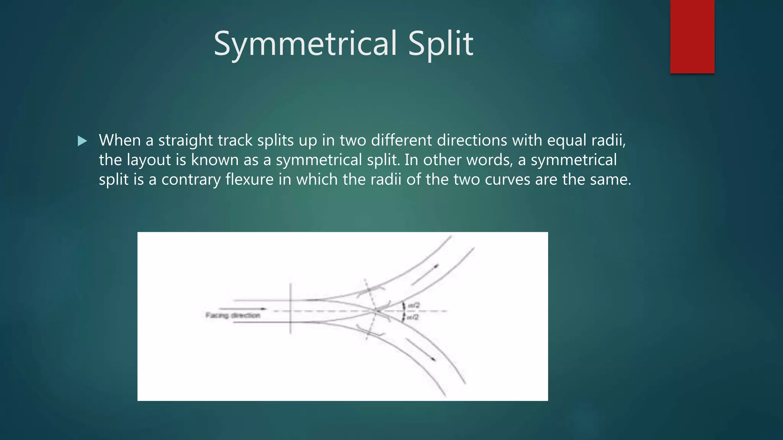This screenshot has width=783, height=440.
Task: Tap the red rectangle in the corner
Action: tap(692, 36)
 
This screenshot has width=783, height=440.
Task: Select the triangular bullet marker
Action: tap(82, 141)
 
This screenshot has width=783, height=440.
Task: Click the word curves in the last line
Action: tap(507, 180)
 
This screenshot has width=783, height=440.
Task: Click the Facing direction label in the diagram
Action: tap(233, 315)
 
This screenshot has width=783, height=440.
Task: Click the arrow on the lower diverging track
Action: tap(421, 349)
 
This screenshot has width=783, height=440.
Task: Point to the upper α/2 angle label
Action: tap(414, 306)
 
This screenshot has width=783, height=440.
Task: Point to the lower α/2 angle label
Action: tap(413, 317)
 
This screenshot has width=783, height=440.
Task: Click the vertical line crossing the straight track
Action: tap(291, 309)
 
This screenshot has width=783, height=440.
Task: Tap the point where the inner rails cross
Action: tap(376, 311)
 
